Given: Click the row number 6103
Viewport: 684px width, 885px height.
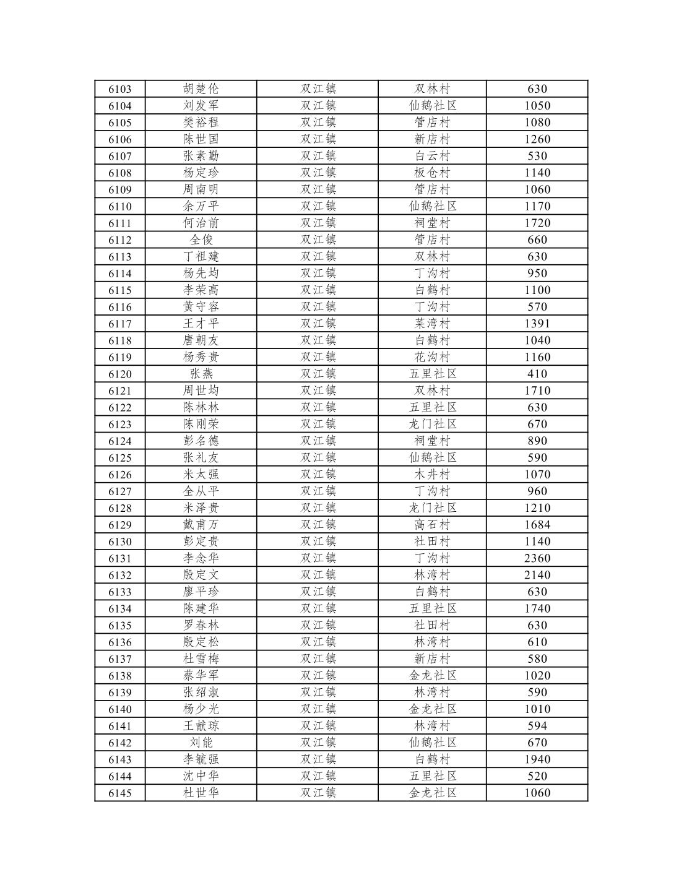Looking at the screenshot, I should click(x=119, y=89).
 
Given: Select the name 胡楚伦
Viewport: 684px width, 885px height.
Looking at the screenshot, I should click(x=201, y=89).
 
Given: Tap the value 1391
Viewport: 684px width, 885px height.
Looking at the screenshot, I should click(x=537, y=324).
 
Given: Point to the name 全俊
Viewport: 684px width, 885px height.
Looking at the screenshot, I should click(x=201, y=240).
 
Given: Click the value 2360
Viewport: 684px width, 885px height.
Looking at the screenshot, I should click(x=537, y=558).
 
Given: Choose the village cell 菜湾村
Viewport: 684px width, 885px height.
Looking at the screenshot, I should click(x=432, y=324).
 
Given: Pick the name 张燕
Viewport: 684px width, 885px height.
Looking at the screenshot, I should click(x=201, y=374).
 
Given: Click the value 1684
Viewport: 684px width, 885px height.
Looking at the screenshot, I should click(x=537, y=525).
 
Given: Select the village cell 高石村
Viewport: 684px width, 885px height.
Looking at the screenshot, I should click(x=432, y=525).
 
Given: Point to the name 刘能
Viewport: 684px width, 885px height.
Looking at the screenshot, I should click(x=201, y=743).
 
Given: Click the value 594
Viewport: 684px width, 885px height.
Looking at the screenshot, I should click(x=537, y=726).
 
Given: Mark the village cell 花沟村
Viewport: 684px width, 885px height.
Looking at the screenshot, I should click(x=432, y=357).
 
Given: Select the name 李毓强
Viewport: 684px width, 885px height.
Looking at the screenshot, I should click(x=201, y=759).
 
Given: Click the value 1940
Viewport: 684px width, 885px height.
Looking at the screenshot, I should click(x=537, y=759).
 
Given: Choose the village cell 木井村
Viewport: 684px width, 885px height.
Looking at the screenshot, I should click(x=432, y=475).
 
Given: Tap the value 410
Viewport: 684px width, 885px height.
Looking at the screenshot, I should click(x=537, y=374).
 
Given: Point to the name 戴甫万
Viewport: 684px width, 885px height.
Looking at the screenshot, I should click(x=201, y=525).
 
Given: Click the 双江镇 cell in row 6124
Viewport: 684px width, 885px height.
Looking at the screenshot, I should click(x=318, y=441).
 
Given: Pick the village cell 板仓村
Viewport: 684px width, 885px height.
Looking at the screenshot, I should click(x=432, y=173).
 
